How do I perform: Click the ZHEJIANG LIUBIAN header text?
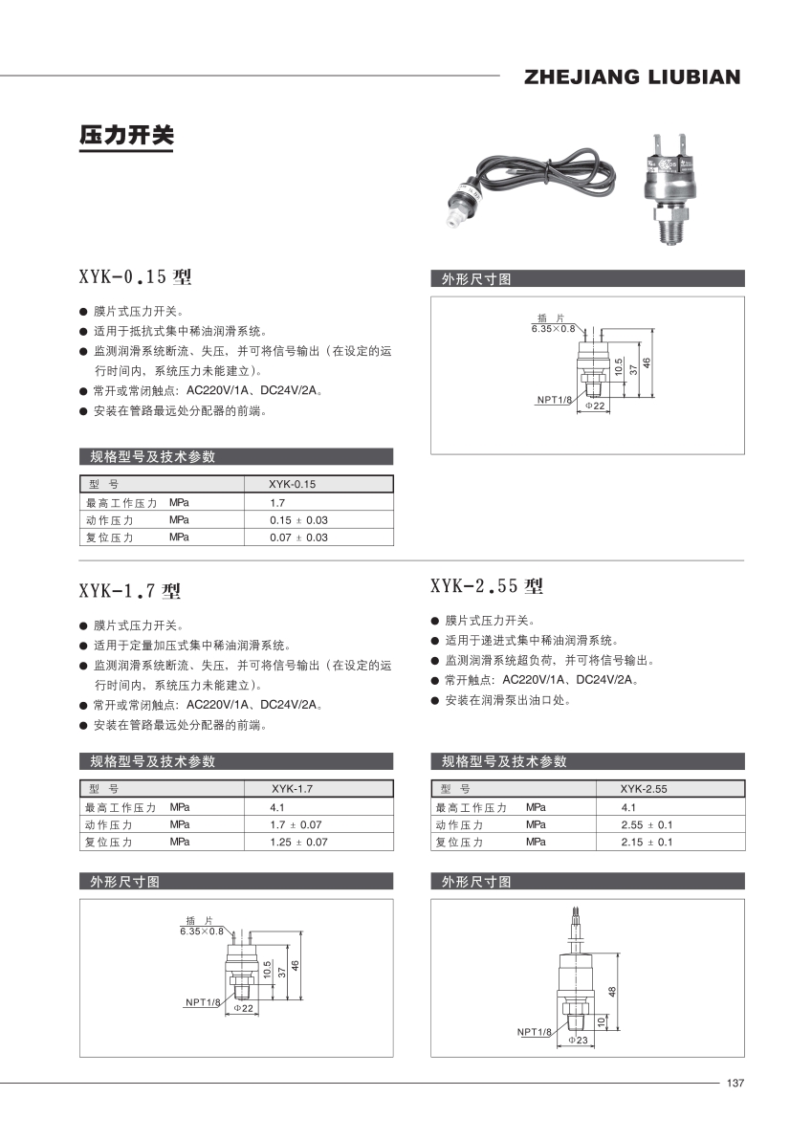click(632, 77)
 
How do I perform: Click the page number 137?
click(735, 1084)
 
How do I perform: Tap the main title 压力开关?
click(126, 136)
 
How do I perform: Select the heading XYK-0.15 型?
click(135, 277)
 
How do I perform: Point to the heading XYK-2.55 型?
click(487, 585)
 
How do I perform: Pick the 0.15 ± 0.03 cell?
click(298, 520)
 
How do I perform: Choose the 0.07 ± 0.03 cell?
click(298, 537)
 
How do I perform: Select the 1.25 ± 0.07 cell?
click(298, 843)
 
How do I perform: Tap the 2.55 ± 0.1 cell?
click(647, 824)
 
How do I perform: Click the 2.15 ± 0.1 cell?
click(647, 843)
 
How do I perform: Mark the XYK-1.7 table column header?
click(292, 789)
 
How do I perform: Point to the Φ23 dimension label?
click(578, 1039)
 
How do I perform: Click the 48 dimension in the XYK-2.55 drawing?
click(611, 992)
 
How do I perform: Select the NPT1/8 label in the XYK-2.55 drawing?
click(535, 1032)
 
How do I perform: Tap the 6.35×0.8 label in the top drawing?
click(554, 328)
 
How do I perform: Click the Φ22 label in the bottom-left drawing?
click(244, 1009)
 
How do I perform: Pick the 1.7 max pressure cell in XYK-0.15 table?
click(277, 502)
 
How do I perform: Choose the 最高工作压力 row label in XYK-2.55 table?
click(471, 807)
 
